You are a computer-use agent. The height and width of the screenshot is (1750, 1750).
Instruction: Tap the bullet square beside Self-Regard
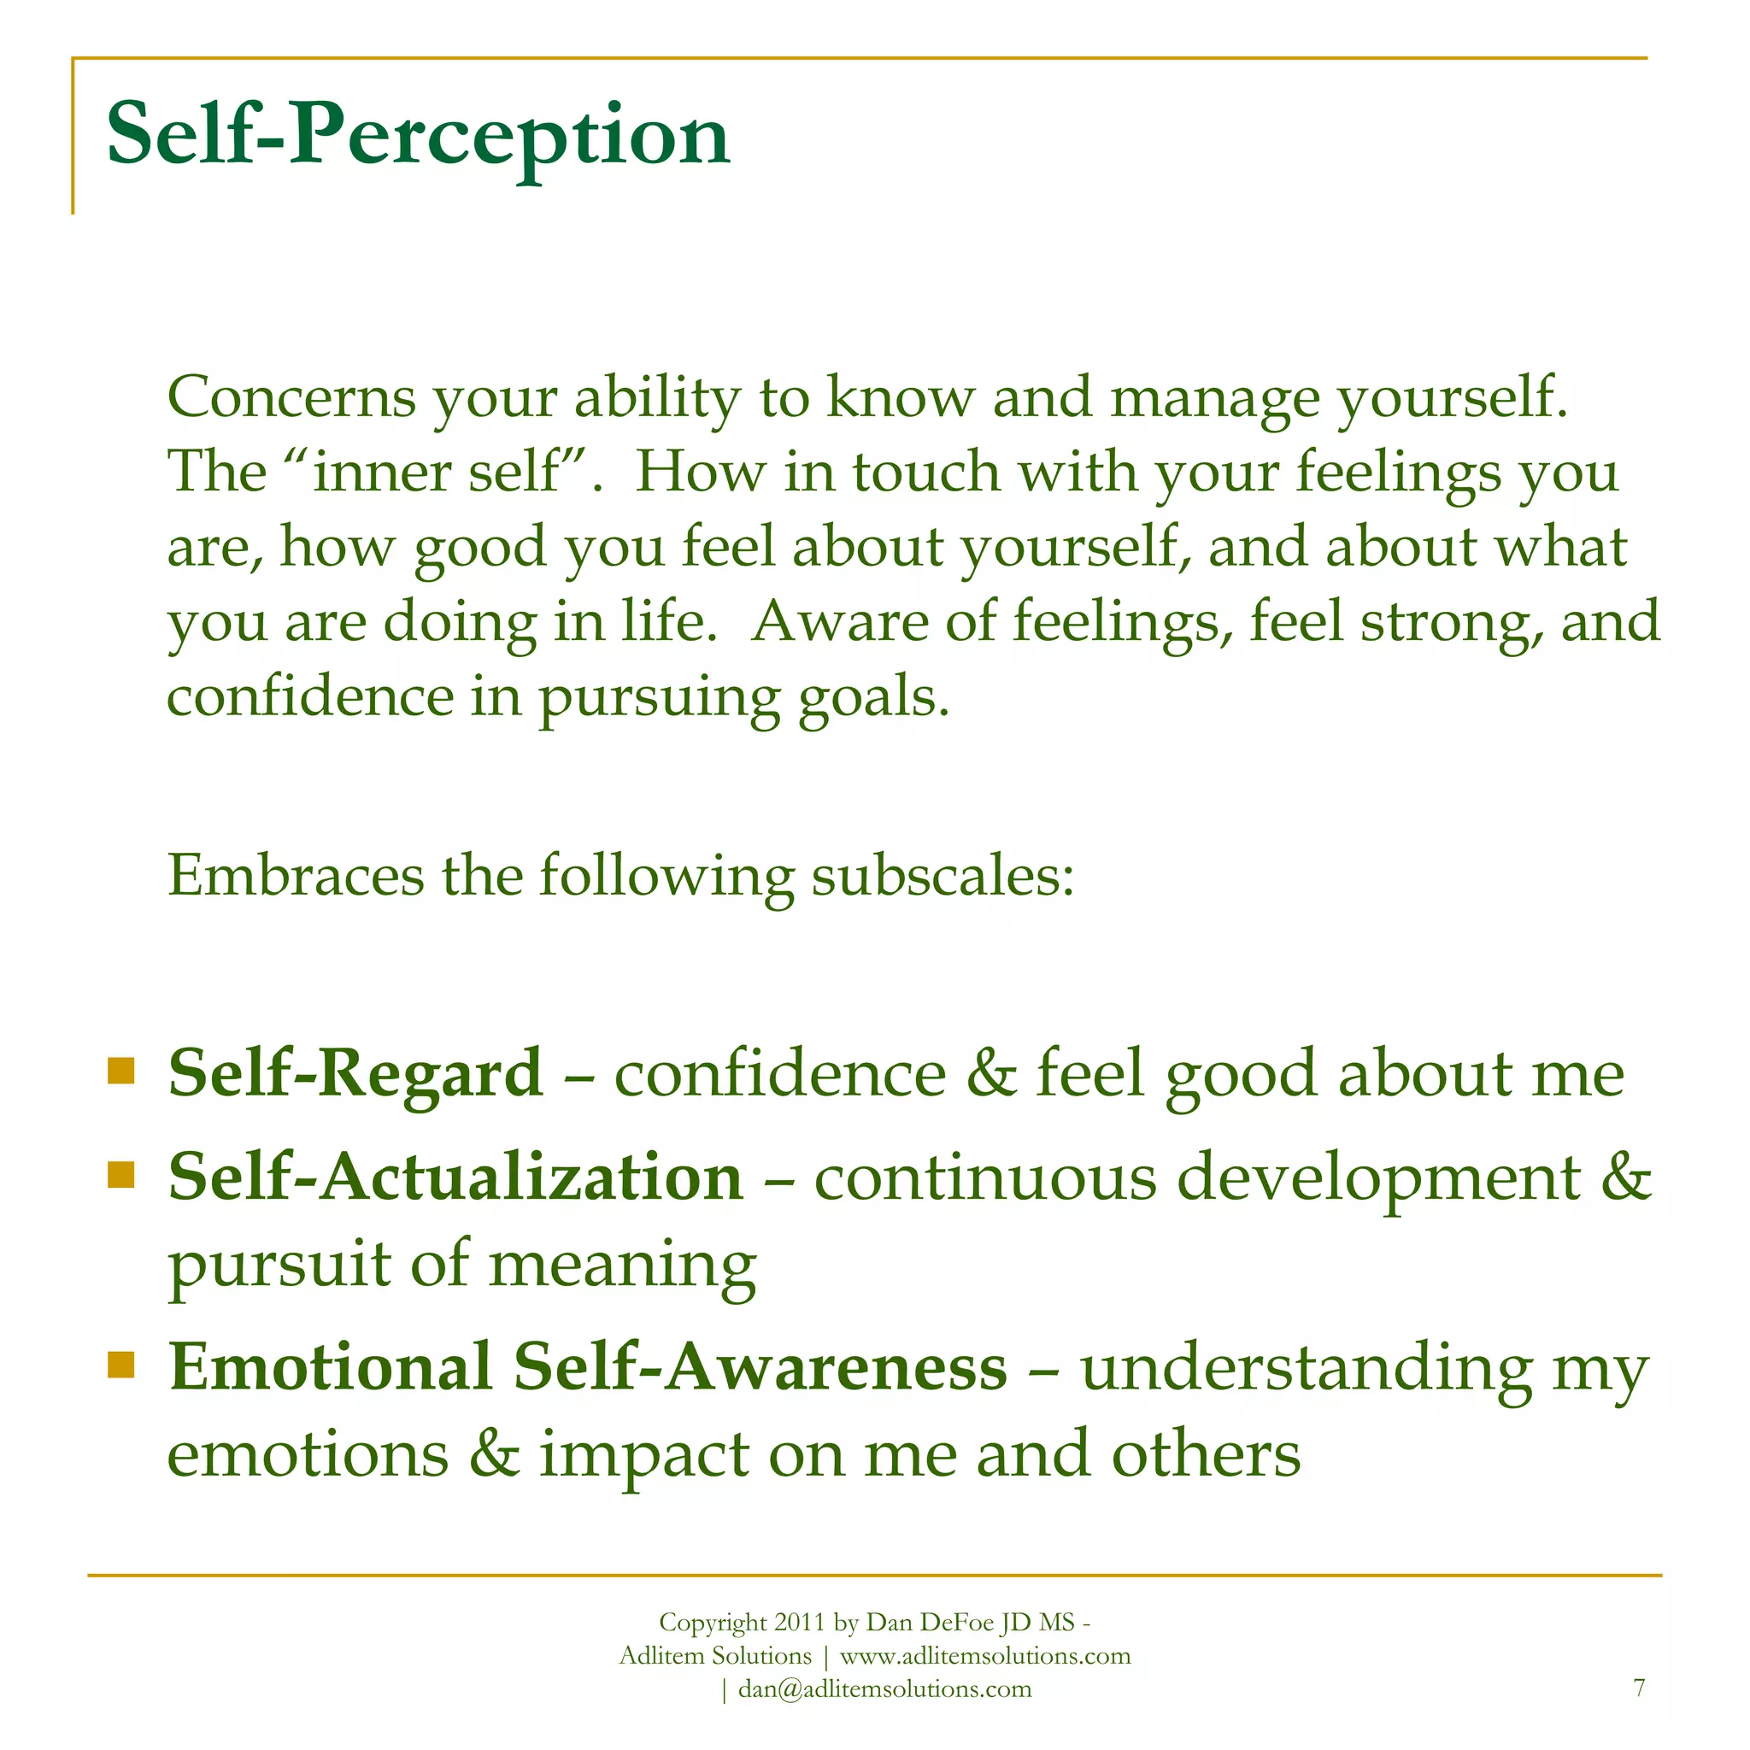click(x=120, y=1071)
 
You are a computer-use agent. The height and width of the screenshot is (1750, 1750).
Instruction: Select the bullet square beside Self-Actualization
click(x=120, y=1174)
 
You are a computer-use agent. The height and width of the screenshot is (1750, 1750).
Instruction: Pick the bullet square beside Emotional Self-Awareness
click(x=120, y=1364)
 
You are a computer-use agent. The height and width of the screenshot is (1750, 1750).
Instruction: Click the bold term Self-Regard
click(x=355, y=1073)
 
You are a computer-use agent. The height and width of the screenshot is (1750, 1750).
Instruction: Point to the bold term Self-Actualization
click(x=455, y=1177)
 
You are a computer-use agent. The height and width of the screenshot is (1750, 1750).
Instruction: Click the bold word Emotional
click(x=330, y=1367)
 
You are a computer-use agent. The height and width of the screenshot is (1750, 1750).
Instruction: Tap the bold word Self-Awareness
click(x=760, y=1367)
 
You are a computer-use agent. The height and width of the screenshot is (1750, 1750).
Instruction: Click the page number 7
click(x=1639, y=1688)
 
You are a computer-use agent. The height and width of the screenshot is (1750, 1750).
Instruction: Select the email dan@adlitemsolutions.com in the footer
click(x=884, y=1688)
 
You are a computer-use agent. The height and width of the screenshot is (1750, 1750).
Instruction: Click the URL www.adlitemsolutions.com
click(x=985, y=1656)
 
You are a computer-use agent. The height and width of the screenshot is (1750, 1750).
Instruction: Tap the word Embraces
click(x=296, y=876)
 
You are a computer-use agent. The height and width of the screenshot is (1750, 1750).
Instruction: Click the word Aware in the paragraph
click(x=839, y=621)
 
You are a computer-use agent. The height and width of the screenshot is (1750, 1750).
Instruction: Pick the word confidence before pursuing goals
click(x=310, y=696)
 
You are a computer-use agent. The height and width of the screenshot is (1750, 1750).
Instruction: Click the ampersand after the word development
click(x=1627, y=1177)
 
